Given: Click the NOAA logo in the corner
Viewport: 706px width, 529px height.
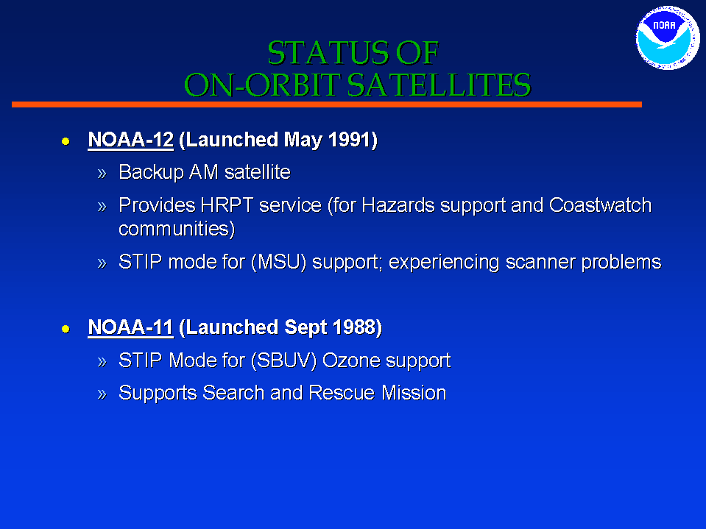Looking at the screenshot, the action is point(668,38).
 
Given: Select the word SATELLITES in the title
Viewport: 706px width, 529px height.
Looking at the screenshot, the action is point(439,85).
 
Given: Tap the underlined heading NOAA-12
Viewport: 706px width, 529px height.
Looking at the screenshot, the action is point(130,140).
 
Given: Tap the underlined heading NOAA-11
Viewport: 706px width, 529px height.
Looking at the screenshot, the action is point(130,327).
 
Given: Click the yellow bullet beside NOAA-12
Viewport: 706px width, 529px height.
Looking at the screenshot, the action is point(66,142).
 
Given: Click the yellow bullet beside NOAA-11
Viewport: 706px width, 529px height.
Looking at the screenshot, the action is point(66,330).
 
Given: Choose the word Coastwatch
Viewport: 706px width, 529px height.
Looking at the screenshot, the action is point(600,205).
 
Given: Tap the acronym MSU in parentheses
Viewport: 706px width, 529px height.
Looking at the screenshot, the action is point(279,262).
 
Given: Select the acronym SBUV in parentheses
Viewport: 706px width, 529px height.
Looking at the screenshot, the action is point(283,361).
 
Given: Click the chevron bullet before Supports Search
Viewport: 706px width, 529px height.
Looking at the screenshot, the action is point(102,394).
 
